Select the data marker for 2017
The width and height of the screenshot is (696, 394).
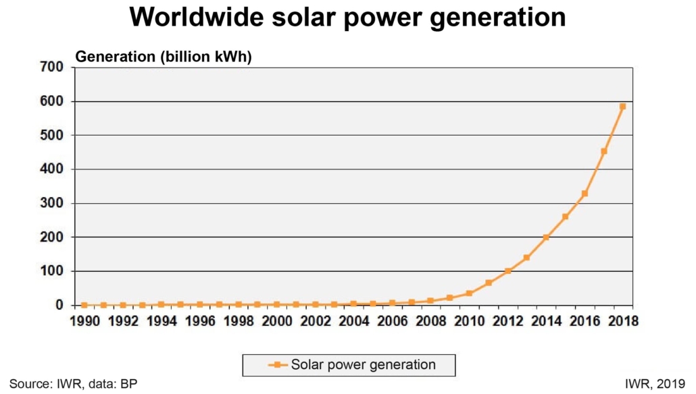604,151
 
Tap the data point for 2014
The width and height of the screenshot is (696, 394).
546,237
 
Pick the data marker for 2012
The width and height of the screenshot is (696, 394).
507,271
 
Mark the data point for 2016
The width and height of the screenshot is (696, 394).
585,194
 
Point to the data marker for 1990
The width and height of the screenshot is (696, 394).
84,305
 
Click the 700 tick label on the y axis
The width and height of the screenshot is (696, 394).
51,67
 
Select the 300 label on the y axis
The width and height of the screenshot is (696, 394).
51,203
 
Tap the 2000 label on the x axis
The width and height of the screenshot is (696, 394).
276,321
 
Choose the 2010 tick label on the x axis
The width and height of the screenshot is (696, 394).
469,321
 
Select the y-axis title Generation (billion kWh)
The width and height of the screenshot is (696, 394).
164,57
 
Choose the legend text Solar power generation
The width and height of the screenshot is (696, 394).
364,365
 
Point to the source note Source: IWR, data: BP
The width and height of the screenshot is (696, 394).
73,384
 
